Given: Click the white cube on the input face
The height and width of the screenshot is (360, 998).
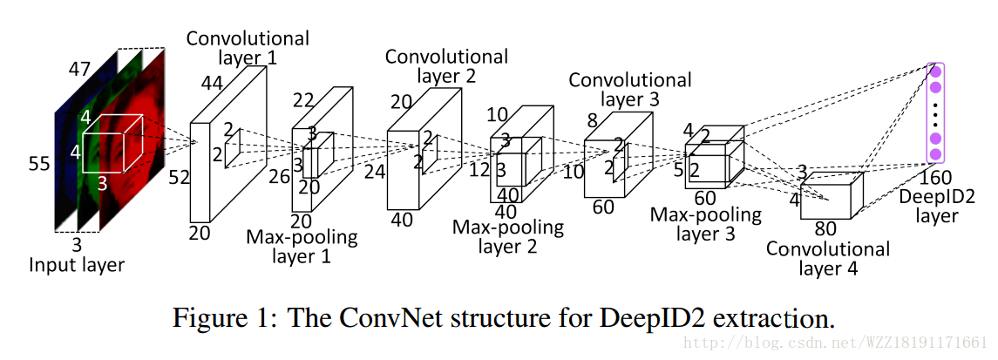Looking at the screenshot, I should tap(113, 143).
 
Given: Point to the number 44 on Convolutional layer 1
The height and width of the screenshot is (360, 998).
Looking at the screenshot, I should tap(213, 84).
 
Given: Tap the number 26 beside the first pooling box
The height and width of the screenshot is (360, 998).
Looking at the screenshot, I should tap(279, 176).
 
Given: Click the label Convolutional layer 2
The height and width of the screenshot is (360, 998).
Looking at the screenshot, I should tap(446, 66).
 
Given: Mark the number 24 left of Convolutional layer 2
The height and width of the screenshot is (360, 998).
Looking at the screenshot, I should tap(375, 171).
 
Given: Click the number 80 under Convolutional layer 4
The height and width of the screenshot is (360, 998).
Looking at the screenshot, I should tap(826, 228).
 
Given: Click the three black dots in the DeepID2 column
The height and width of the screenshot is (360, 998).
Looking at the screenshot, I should tap(935, 113).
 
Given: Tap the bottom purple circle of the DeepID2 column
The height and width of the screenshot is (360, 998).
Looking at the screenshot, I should tap(935, 154).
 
